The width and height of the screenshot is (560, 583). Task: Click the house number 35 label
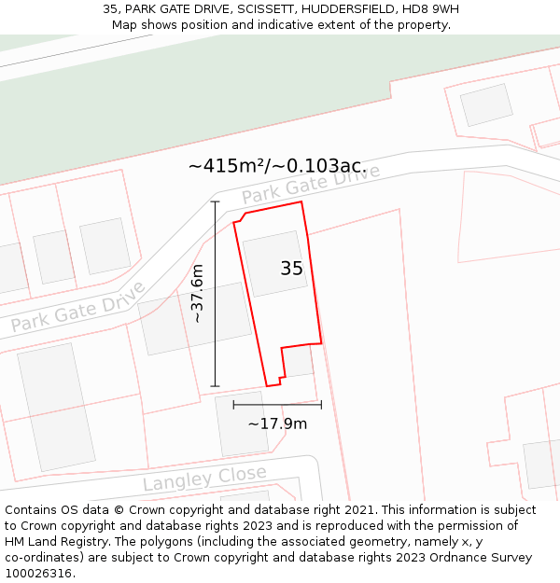[291, 269]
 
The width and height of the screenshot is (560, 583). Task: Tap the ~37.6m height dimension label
[197, 293]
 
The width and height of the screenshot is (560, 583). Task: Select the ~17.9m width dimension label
[277, 423]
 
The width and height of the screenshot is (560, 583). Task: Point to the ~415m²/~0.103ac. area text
[277, 166]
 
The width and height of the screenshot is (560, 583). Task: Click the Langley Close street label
[204, 479]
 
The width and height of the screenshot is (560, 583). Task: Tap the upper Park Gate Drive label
[311, 184]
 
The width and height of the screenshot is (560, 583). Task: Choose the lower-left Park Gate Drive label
[78, 307]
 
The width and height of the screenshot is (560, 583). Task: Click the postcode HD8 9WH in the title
[430, 9]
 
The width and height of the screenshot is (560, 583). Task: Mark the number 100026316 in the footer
[38, 574]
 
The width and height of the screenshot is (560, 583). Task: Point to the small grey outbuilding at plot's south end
[298, 361]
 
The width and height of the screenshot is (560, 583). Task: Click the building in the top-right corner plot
[486, 104]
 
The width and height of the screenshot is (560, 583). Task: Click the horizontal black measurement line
[277, 405]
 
